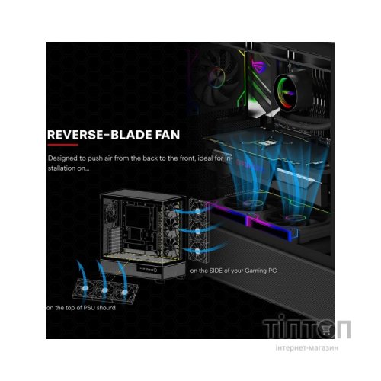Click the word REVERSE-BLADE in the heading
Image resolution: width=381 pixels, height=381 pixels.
(x=99, y=135)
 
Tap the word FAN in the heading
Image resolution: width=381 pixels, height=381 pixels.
(x=168, y=135)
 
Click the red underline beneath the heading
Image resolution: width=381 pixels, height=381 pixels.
(x=62, y=145)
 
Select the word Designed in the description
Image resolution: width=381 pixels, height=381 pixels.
(x=62, y=158)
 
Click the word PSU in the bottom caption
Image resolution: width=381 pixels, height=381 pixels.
(x=89, y=308)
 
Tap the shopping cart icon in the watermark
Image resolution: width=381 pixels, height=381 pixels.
(x=325, y=329)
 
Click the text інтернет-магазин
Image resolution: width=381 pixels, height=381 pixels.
(x=307, y=347)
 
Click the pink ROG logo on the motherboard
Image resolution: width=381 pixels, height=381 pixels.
(x=258, y=62)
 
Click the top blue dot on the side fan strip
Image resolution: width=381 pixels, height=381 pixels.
(x=198, y=211)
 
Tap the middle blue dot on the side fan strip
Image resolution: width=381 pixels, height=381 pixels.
(x=197, y=231)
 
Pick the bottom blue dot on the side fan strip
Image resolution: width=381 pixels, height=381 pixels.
(x=197, y=251)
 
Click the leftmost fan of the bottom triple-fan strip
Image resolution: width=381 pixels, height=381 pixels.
(x=85, y=288)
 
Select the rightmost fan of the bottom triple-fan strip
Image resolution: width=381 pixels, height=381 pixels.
(x=125, y=293)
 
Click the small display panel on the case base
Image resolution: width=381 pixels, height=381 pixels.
(x=147, y=269)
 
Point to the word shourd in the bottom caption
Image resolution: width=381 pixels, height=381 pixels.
(x=106, y=308)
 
